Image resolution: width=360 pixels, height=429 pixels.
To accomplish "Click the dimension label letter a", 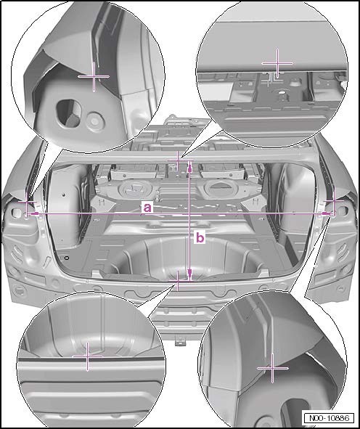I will click(x=147, y=207).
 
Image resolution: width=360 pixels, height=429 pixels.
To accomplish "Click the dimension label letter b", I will click(x=201, y=237).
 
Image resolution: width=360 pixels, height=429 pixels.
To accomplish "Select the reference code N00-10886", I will click(x=330, y=418).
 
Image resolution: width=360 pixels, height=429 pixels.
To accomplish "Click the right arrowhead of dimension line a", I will click(x=328, y=214).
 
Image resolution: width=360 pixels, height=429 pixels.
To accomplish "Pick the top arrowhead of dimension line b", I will click(x=189, y=166).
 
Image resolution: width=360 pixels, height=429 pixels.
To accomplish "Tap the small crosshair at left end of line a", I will click(x=26, y=214).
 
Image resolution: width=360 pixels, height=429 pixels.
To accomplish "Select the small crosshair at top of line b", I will click(x=179, y=161).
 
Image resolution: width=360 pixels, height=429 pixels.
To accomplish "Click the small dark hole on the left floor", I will click(x=67, y=258).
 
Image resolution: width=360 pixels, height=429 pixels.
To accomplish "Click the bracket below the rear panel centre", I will click(x=180, y=336).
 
